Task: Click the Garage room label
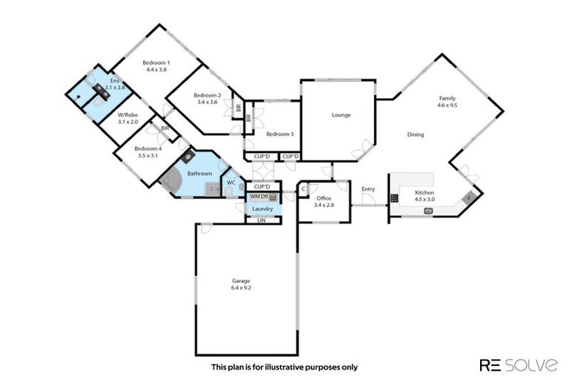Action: pos(241,281)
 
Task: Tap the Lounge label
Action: pos(341,115)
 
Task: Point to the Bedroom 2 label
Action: pos(207,95)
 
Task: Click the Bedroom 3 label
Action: pos(280,134)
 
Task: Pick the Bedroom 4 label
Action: pos(148,148)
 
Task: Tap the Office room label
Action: pos(323,198)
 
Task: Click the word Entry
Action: pos(368,189)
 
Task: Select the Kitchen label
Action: pos(425,192)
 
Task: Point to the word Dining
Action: pos(415,135)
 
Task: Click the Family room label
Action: pos(447,98)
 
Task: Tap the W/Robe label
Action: pos(128,115)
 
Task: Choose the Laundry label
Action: pos(263,209)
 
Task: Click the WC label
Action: pos(231,182)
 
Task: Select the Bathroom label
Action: pos(199,174)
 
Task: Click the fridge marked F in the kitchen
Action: pos(468,198)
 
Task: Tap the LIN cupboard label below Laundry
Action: pos(261,220)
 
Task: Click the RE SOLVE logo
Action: pos(519,364)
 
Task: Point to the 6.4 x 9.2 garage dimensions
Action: pos(241,288)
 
